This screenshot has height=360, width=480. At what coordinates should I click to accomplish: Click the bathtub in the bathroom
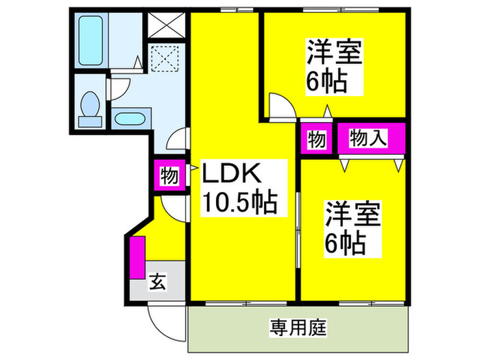91,40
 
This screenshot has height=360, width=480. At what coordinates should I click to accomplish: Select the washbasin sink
131,119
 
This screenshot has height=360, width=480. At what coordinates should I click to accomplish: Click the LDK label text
232,173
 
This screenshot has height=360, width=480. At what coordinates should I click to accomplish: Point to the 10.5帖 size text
240,202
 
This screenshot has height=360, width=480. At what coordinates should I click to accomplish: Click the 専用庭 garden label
298,328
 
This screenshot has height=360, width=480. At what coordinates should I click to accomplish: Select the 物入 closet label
368,139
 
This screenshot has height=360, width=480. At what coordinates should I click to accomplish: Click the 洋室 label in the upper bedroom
335,51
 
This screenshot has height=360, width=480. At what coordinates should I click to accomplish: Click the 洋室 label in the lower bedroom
352,214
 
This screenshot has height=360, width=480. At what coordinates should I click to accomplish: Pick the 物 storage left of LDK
169,176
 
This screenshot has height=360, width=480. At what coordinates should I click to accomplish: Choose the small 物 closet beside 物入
317,139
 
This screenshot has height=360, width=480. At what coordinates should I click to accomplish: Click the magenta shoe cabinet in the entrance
137,257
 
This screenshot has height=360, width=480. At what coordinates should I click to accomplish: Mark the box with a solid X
167,25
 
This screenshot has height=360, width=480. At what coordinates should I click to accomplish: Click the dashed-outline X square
165,58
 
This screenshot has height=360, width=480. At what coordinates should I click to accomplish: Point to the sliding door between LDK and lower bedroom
298,230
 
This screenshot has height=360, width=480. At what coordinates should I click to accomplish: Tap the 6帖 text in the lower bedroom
345,244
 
